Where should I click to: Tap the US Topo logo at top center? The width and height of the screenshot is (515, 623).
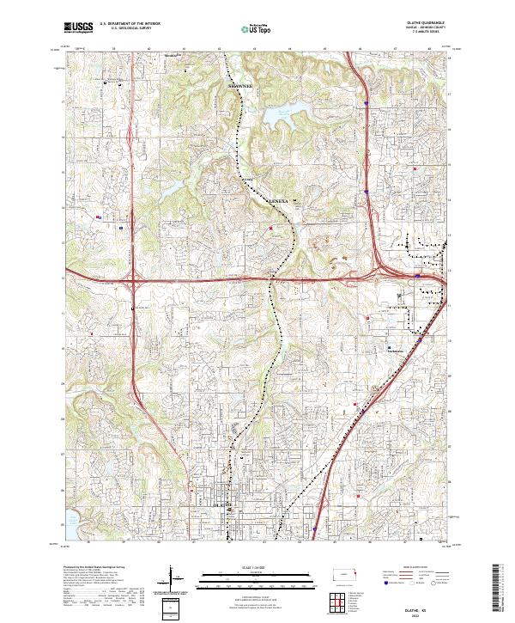(257, 29)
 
